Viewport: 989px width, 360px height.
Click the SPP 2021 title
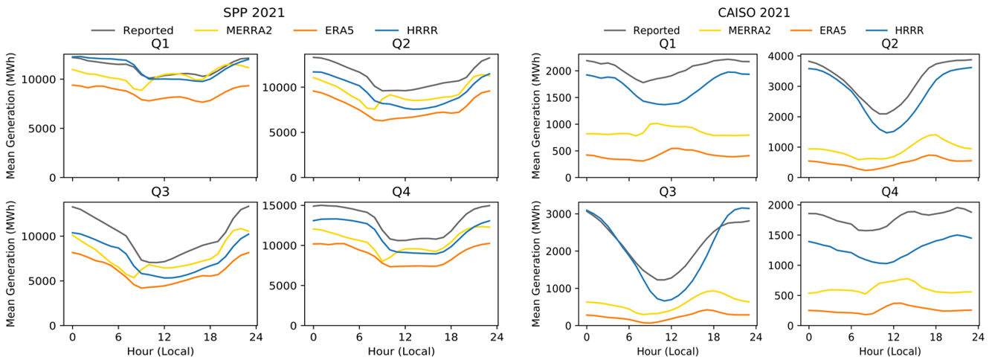click(x=254, y=13)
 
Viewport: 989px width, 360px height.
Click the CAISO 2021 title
click(x=760, y=13)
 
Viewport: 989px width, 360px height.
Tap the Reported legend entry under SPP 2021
click(x=148, y=30)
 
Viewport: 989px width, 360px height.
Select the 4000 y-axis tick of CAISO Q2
click(x=793, y=57)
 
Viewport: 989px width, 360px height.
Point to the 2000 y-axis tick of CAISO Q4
click(x=793, y=205)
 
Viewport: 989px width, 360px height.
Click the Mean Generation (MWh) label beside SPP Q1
click(x=10, y=112)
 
